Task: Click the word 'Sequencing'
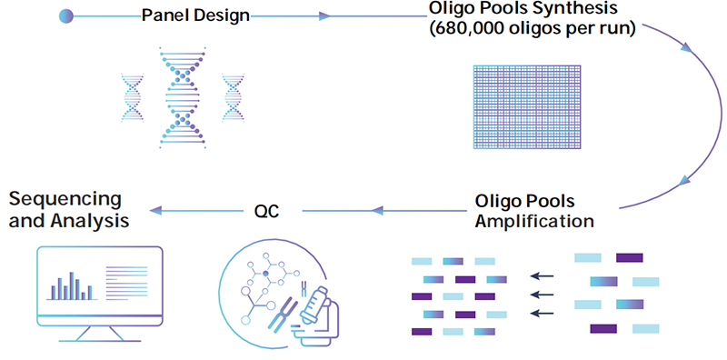[65, 199]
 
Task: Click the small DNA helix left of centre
[132, 95]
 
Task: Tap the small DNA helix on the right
[234, 95]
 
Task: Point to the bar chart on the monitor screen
[72, 285]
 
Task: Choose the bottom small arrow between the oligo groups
[543, 314]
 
